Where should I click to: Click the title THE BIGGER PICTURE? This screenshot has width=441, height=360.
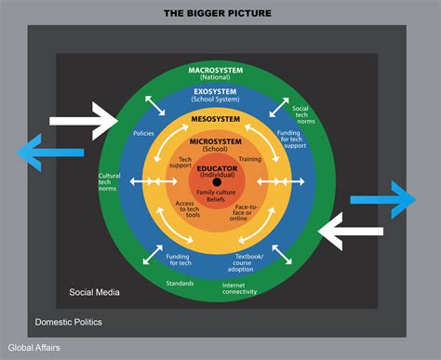[x=220, y=12]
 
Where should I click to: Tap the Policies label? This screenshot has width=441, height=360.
[x=145, y=133]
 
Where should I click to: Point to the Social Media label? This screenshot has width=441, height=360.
[x=94, y=293]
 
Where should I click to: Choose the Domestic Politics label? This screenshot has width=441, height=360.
[x=69, y=322]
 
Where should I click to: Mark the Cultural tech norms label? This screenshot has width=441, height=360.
[x=110, y=181]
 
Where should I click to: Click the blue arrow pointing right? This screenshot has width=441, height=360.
[x=382, y=198]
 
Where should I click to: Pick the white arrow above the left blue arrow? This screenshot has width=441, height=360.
[x=82, y=120]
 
